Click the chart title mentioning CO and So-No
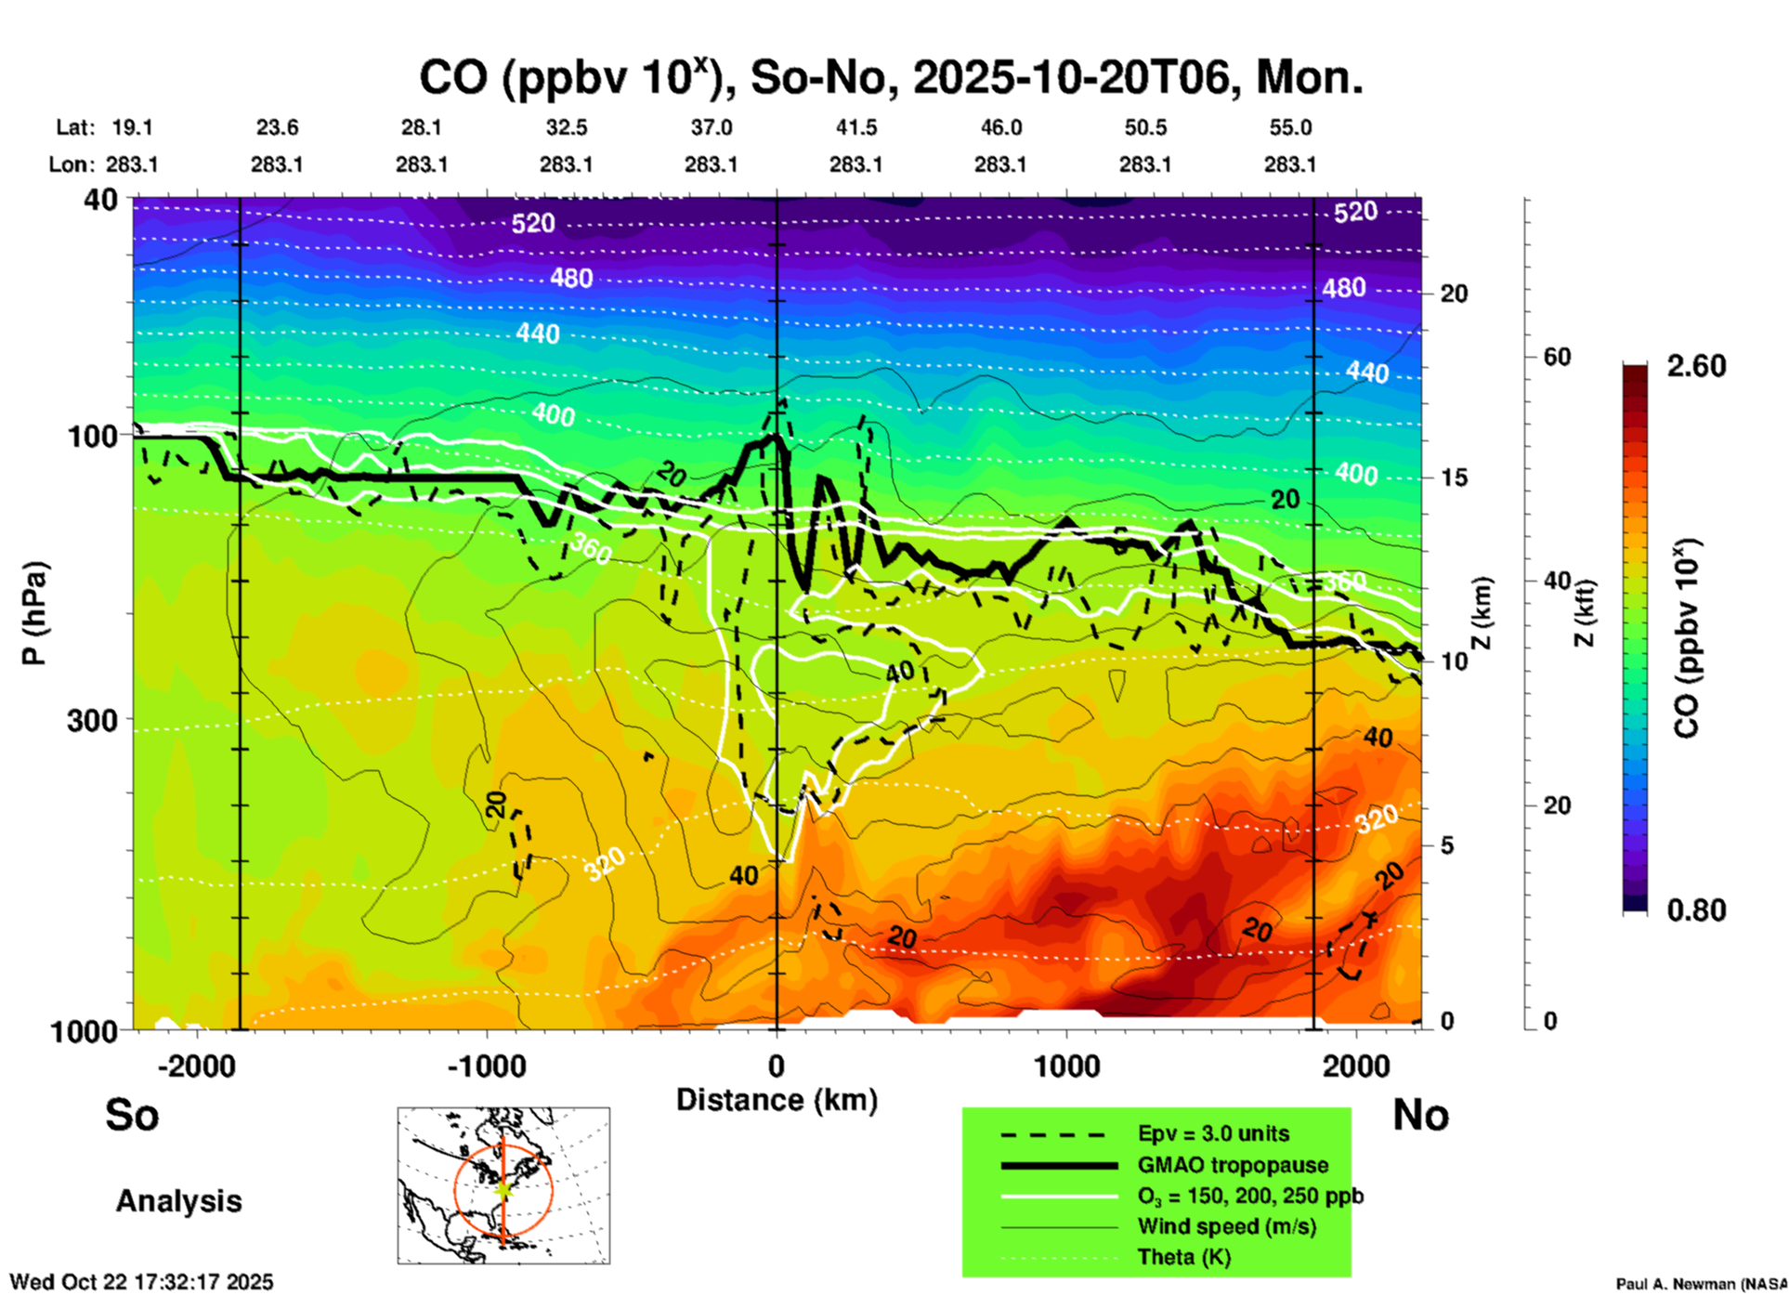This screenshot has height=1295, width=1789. coord(891,78)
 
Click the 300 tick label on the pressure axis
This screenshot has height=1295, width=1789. coord(92,721)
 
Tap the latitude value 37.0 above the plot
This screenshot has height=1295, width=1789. coord(711,128)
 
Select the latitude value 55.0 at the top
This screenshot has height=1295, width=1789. coord(1290,128)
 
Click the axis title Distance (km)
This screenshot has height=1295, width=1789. coord(777,1100)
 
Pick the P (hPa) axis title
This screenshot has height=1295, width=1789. coord(34,613)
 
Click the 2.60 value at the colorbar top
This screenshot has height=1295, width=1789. coord(1696,367)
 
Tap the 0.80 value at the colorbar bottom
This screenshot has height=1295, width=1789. coord(1696,910)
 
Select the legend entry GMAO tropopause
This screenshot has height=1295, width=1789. coord(1233,1165)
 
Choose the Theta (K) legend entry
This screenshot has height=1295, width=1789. coord(1183,1258)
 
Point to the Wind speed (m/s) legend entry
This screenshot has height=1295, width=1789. coord(1226,1227)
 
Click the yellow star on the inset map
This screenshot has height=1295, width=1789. coord(503,1189)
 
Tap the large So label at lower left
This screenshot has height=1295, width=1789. coord(132,1115)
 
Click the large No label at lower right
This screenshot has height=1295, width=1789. coord(1420,1115)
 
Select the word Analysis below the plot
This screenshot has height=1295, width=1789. coord(178,1201)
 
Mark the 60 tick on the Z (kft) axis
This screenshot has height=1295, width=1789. coord(1557,358)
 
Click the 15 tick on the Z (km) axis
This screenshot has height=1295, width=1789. coord(1453,477)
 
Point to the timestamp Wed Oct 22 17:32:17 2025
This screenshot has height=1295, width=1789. coord(141,1282)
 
